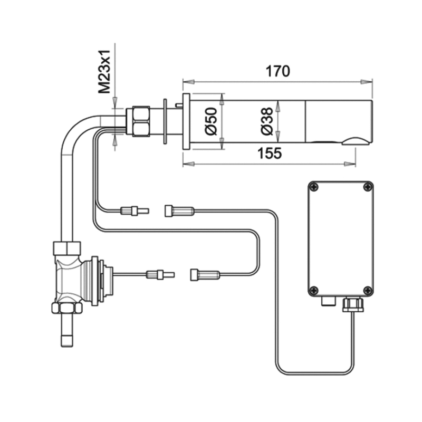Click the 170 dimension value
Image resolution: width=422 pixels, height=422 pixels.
coord(277,71)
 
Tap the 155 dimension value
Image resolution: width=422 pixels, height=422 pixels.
coord(270,153)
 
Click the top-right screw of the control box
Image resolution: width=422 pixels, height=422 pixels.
coord(367,186)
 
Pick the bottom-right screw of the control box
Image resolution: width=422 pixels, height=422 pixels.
coord(367,290)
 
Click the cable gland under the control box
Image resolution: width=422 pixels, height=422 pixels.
coord(351,304)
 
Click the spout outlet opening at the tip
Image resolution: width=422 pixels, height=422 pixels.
coord(357,140)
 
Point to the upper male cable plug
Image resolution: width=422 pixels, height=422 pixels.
coord(135,211)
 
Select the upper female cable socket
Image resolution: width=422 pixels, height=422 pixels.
coord(179,211)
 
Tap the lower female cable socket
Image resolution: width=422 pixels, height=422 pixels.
coord(205,274)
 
